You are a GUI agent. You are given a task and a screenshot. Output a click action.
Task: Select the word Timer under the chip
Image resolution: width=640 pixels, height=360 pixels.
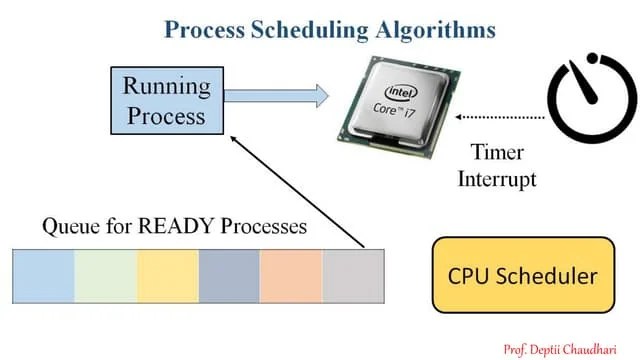pos(497,154)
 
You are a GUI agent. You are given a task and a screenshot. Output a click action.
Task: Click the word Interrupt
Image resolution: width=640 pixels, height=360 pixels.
pos(497,180)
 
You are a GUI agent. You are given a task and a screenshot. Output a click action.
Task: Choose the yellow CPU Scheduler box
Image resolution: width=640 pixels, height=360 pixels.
pos(521,274)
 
